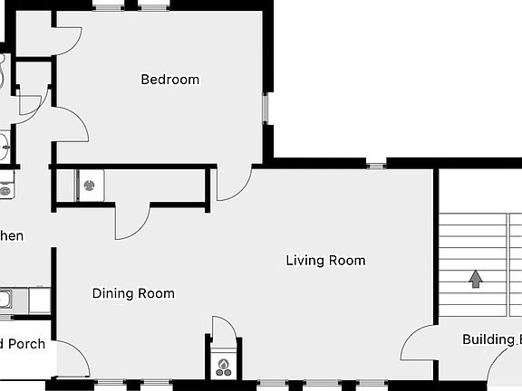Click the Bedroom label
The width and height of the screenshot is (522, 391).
(169, 80)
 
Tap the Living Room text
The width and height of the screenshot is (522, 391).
(325, 261)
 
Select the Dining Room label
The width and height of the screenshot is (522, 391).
(133, 293)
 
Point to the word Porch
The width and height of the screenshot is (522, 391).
(25, 344)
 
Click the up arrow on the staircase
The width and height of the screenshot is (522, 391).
(474, 278)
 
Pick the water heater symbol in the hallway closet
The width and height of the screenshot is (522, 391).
(90, 186)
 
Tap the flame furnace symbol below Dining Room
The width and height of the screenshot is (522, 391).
(223, 367)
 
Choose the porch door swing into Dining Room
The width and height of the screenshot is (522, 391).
(74, 358)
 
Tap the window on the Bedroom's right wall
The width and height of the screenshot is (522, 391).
(266, 109)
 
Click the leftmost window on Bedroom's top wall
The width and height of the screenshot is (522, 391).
(108, 7)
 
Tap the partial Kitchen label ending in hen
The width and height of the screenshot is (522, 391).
(12, 236)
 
